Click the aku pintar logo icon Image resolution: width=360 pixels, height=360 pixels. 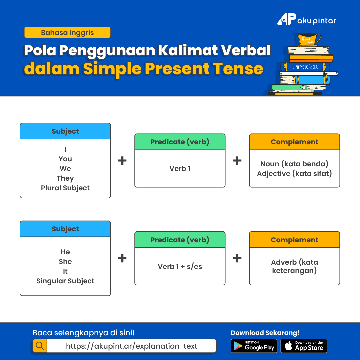coord(287,19)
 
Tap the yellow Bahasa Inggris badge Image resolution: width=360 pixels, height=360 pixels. coord(67,32)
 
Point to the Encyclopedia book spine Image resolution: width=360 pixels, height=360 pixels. coord(305,67)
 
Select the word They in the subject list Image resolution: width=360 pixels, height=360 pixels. coord(65,178)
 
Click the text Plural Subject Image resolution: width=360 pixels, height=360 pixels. coord(65,188)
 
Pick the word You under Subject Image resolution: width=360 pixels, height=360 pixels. coord(65,159)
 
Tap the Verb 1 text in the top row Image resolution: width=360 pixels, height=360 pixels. coord(180,169)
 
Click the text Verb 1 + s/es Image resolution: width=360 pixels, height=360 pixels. coord(180,266)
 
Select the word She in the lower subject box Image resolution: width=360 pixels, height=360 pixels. coord(65,262)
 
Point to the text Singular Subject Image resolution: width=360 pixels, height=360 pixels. coord(65,281)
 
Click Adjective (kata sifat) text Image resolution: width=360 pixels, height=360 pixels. coord(294,174)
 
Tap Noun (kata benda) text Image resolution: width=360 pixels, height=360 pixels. coord(294,164)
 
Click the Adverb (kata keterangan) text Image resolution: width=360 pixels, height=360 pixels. coord(294,266)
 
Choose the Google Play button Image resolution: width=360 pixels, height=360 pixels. coord(254,346)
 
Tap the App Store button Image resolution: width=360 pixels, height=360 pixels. coord(304,346)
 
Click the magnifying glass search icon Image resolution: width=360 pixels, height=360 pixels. coord(40,346)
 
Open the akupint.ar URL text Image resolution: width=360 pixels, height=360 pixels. coord(131,346)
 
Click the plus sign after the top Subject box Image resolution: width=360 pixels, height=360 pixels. coord(122,160)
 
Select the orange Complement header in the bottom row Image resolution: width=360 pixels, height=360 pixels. coord(294,240)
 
